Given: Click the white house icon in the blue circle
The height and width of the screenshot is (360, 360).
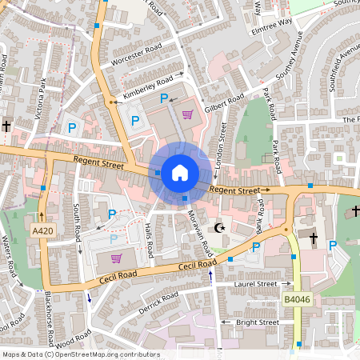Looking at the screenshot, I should tap(180, 172).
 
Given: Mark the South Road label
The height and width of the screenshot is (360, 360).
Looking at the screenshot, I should tap(78, 222).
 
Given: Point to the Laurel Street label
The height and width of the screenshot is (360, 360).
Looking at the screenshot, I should tap(256, 284).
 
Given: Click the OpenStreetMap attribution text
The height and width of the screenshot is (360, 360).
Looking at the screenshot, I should tap(81, 354).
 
